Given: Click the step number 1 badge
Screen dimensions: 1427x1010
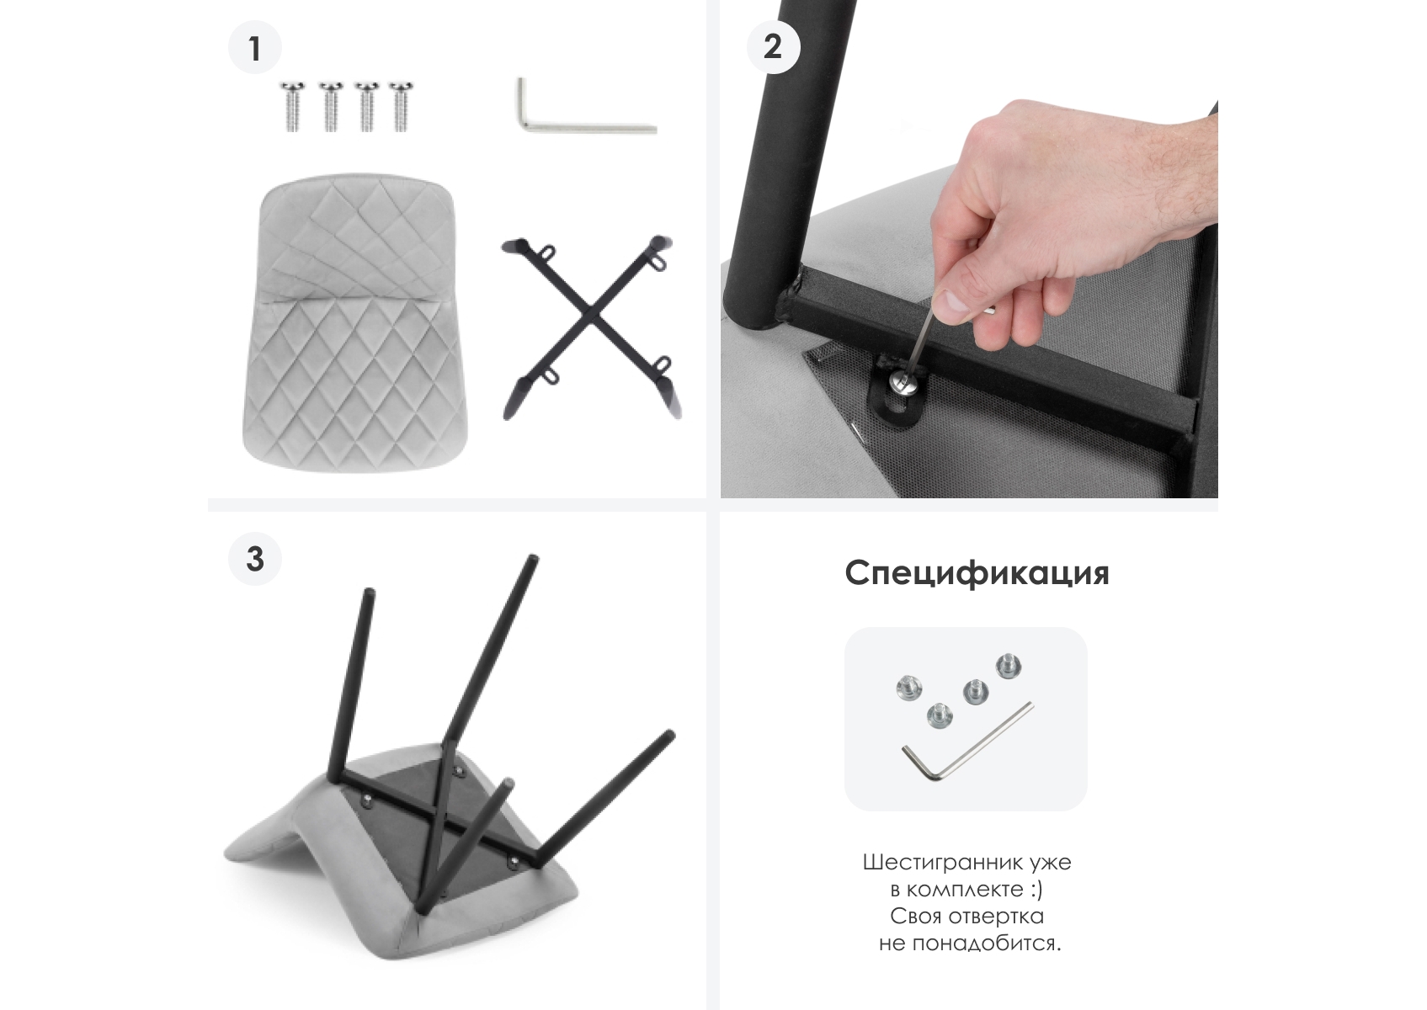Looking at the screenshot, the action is click(x=255, y=47).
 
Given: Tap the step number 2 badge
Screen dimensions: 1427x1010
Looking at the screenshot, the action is click(x=773, y=46).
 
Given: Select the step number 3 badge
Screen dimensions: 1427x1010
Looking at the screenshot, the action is click(x=255, y=559).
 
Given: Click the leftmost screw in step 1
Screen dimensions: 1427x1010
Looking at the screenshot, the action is click(x=293, y=106).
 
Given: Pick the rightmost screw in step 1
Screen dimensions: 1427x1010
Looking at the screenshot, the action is click(x=401, y=106).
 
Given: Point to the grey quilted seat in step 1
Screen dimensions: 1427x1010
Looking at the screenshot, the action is click(x=354, y=323).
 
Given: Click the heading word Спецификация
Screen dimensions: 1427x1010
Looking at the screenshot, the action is click(x=977, y=574).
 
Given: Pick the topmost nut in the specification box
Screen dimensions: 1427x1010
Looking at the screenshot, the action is click(x=1009, y=666).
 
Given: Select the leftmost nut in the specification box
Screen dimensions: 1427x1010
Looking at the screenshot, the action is click(x=909, y=688).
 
